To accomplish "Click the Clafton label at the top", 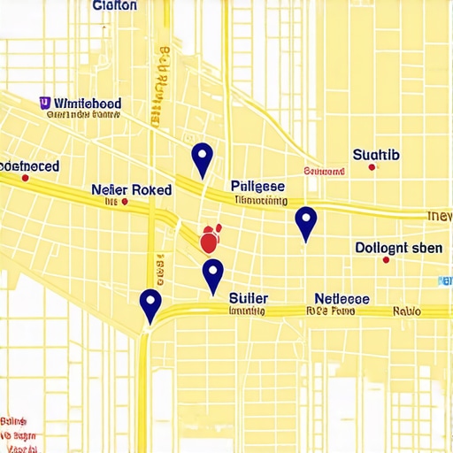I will [x=115, y=6].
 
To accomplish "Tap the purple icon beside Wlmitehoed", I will [x=44, y=103].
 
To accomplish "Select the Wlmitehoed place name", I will [x=87, y=103].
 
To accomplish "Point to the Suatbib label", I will [x=376, y=156].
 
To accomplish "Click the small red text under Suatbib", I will [x=323, y=171].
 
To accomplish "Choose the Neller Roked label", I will [x=132, y=189].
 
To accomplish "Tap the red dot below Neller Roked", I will [x=124, y=203].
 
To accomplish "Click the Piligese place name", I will [x=257, y=186].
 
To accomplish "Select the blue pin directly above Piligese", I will [x=203, y=159].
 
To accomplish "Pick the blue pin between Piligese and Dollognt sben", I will [x=305, y=222].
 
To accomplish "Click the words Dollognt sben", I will [x=398, y=248].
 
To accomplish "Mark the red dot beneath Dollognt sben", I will [x=386, y=260].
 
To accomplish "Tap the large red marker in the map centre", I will [x=210, y=240].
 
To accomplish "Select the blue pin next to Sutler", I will [x=212, y=275].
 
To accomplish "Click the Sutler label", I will [x=249, y=298].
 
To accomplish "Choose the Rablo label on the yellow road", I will [x=407, y=311].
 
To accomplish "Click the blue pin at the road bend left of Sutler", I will [x=150, y=304].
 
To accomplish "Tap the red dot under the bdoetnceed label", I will [x=25, y=178].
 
